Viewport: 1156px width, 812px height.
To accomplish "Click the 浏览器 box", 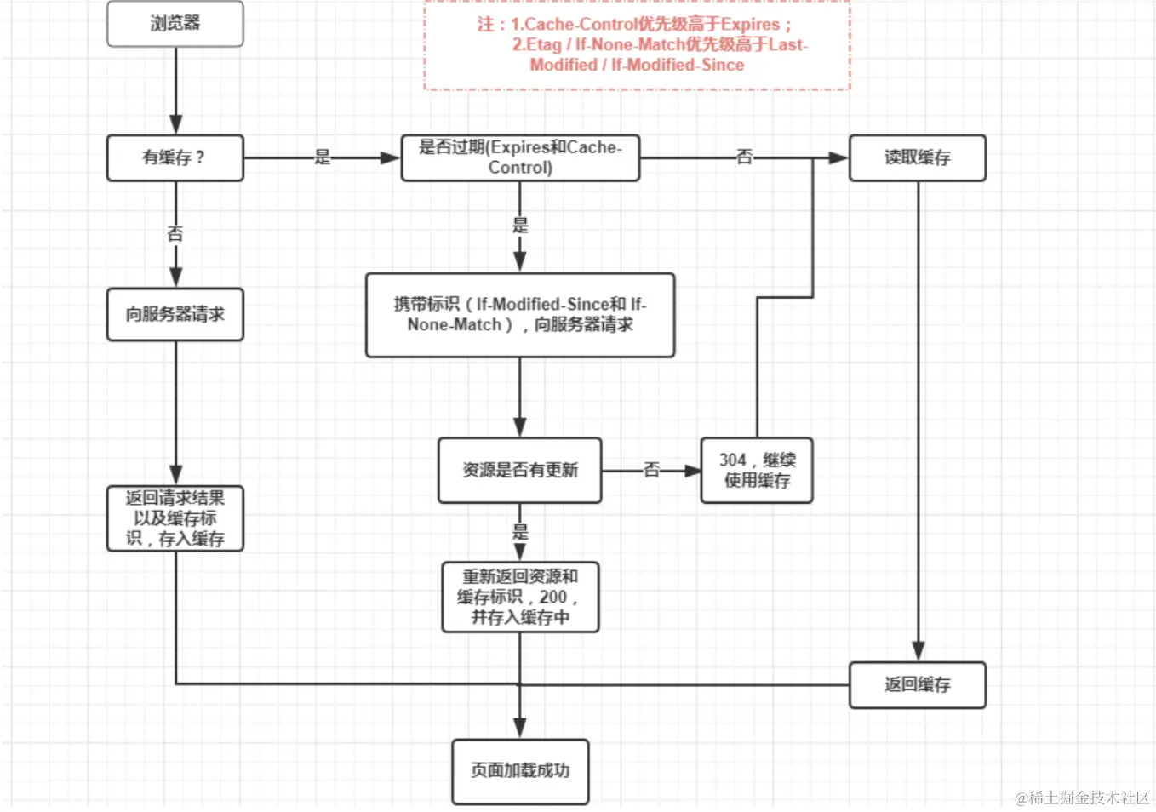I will point(175,24).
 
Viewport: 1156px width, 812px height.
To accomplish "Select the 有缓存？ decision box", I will point(175,157).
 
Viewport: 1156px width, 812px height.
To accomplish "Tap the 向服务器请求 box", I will point(175,314).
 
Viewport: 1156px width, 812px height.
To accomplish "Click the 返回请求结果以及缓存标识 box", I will point(175,518).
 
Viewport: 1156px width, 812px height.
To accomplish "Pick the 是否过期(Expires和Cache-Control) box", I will point(520,157).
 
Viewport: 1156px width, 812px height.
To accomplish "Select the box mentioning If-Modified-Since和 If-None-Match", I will point(520,314).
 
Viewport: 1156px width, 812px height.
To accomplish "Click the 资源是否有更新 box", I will point(520,470).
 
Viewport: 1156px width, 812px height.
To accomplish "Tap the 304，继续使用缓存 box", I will point(757,470).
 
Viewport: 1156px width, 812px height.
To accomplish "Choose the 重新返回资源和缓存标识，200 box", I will point(520,597).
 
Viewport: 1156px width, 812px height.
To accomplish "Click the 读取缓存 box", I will point(917,157).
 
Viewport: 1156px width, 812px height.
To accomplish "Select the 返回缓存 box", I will point(917,684).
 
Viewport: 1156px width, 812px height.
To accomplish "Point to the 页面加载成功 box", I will point(520,770).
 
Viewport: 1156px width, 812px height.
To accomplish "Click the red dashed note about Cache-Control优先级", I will point(637,44).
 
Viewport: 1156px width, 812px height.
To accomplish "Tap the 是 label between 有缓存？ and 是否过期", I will point(323,157).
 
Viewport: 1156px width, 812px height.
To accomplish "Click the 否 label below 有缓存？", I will point(175,233).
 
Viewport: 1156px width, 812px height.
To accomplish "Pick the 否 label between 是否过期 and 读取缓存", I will point(745,157).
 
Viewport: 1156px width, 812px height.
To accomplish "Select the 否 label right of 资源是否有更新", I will point(652,469).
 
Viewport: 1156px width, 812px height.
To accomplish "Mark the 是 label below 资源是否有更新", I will point(520,532).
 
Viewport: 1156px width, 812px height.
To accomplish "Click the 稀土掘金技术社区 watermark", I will point(1082,798).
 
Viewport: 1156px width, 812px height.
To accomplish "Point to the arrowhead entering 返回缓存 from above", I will point(918,652).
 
